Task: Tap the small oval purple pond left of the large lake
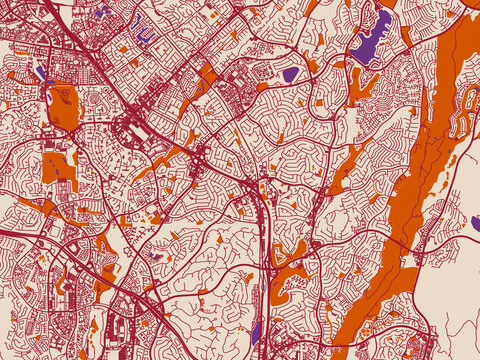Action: pos(290,74)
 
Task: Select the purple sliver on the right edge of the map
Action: pos(475,222)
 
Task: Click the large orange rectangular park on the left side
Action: pos(64,106)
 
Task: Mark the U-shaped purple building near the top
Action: pos(143,35)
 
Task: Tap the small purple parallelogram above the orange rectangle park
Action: pos(40,72)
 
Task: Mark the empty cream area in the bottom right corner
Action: pos(455,320)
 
